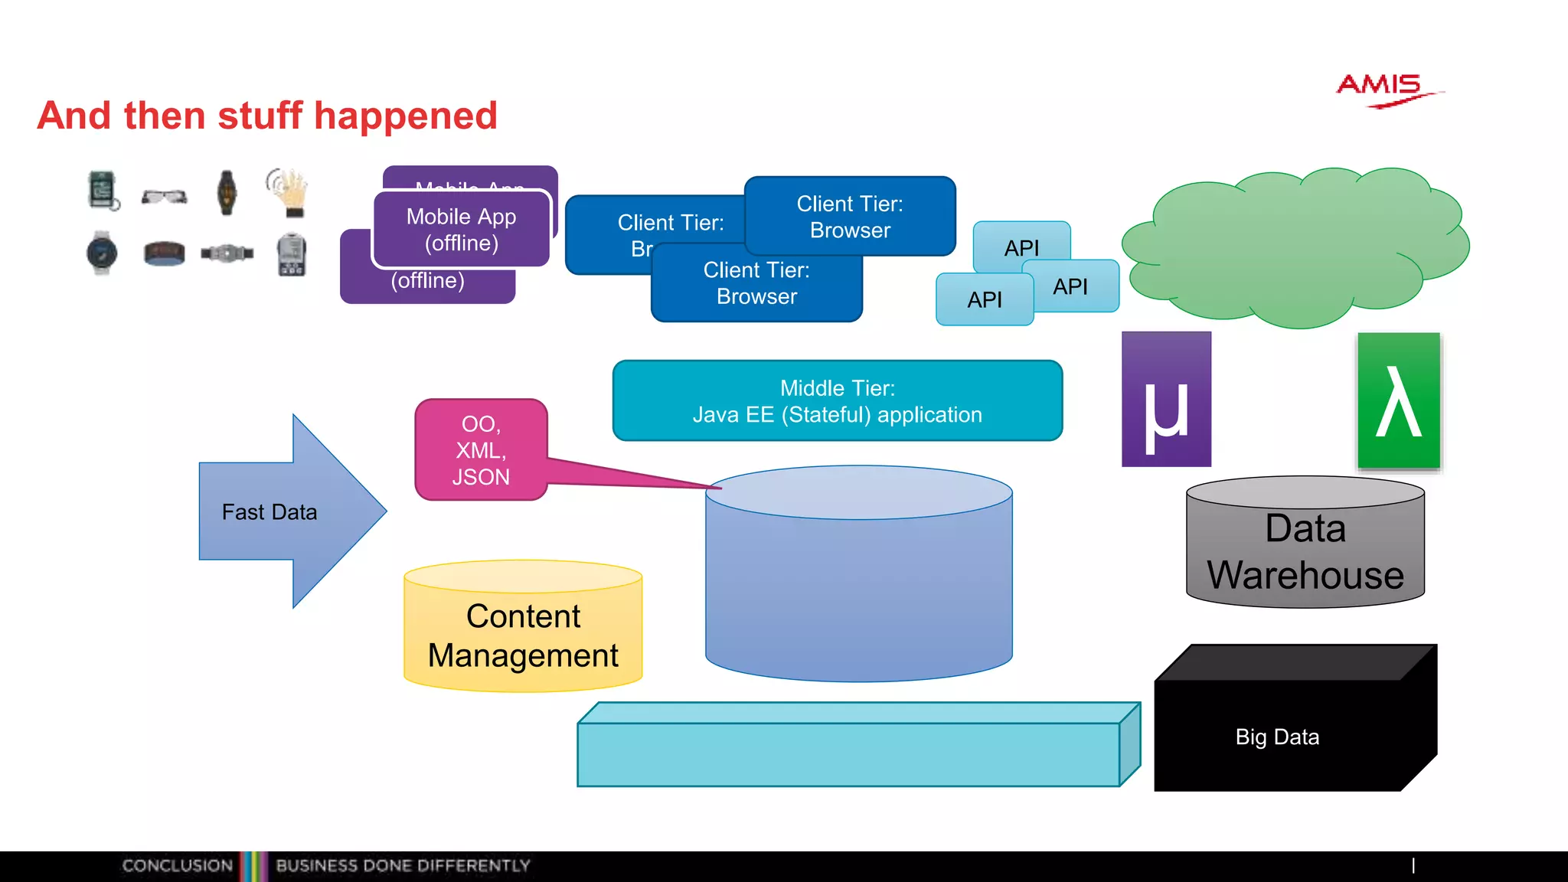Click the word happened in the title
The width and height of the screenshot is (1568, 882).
405,116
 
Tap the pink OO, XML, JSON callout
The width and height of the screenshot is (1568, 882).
481,450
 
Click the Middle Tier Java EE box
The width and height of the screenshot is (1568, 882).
837,401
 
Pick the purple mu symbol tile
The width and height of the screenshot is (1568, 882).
1165,400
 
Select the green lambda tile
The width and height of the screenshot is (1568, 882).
1398,400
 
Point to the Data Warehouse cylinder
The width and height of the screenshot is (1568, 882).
1305,551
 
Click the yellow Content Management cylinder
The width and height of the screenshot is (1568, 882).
523,635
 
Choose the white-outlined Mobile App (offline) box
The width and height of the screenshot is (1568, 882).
461,230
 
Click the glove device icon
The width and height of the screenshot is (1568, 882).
289,191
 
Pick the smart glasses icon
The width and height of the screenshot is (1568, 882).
164,197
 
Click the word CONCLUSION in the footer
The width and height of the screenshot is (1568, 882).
177,866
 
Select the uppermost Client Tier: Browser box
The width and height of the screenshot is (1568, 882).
850,216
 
